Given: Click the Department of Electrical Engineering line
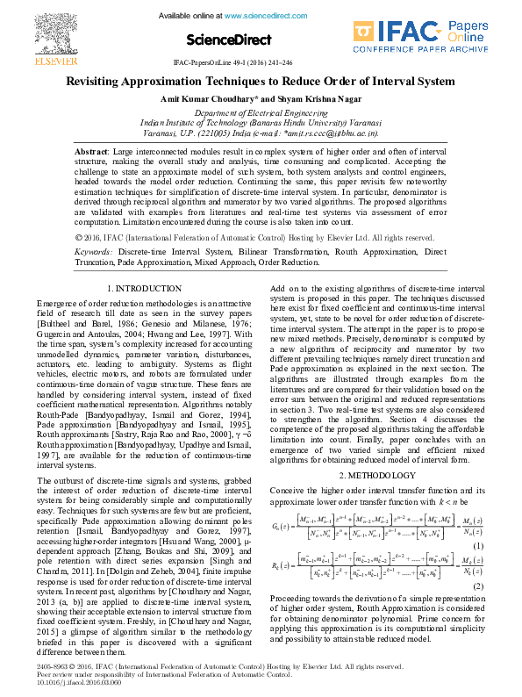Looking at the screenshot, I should pyautogui.click(x=261, y=113).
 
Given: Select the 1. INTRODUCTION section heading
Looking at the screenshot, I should pyautogui.click(x=144, y=288).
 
